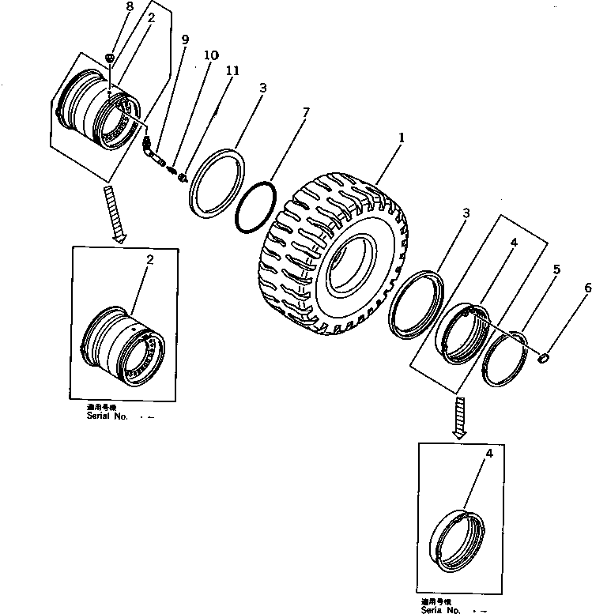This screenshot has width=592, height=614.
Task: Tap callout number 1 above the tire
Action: tap(402, 137)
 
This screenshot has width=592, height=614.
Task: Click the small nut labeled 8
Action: tap(111, 58)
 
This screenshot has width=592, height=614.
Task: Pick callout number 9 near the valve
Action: tap(185, 40)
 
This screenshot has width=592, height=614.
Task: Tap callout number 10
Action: tap(210, 55)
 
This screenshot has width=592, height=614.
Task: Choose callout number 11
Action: tap(231, 71)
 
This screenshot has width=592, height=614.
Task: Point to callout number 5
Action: tap(556, 269)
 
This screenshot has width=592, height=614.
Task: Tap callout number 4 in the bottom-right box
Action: tap(488, 454)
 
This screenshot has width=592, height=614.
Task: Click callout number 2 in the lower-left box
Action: tap(150, 259)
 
